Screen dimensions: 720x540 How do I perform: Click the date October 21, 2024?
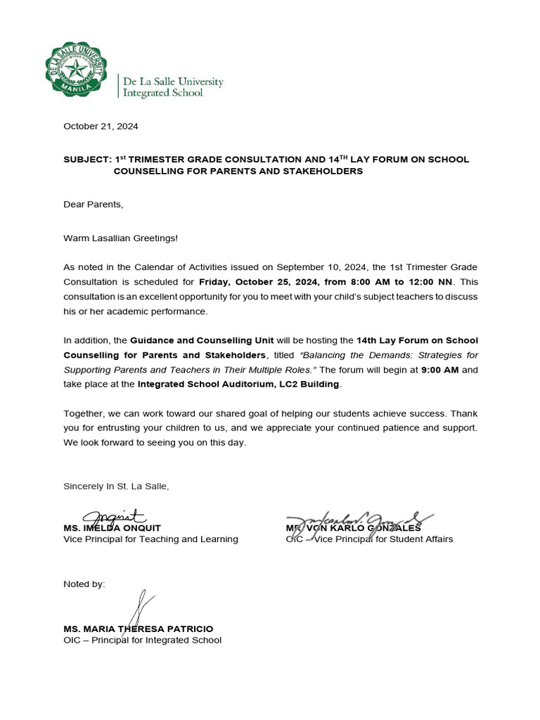tap(101, 127)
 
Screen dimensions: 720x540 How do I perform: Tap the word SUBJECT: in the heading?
tap(87, 160)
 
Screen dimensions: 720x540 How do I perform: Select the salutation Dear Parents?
tap(93, 205)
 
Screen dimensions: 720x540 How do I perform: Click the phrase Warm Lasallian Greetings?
tap(120, 238)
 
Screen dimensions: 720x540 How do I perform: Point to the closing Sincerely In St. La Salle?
tap(116, 486)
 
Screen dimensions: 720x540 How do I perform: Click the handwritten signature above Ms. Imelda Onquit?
tap(112, 518)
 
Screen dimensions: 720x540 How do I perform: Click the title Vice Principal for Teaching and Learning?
tap(150, 539)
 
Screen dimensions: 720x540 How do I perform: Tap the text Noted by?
tap(84, 584)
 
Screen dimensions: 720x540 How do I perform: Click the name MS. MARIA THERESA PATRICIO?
tap(138, 629)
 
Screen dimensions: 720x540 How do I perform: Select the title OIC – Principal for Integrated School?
tap(142, 641)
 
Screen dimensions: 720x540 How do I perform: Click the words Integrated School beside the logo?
tap(163, 93)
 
